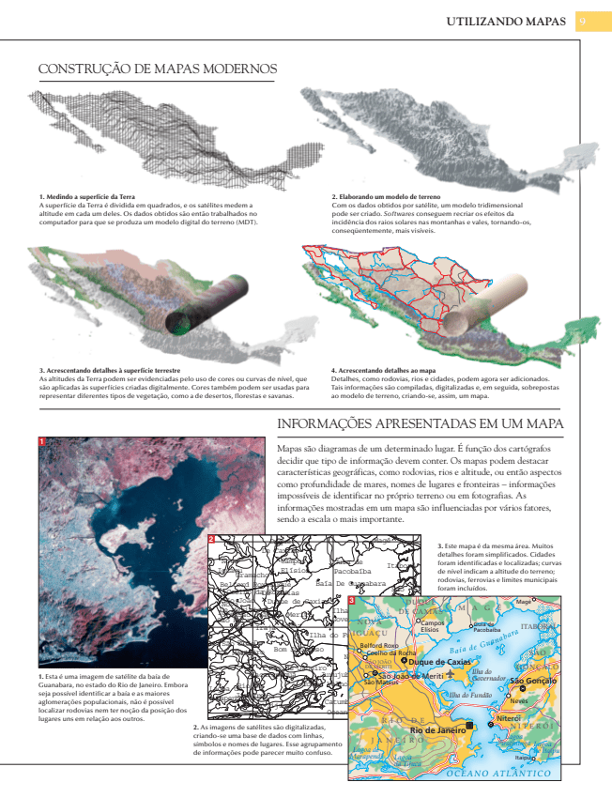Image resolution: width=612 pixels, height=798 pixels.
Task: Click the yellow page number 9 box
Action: [x=583, y=21]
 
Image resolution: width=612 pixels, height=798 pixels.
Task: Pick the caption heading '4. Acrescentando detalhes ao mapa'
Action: [x=385, y=370]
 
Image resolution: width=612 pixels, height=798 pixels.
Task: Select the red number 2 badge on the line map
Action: [x=212, y=539]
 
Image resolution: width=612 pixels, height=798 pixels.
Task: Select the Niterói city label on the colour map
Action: [x=509, y=718]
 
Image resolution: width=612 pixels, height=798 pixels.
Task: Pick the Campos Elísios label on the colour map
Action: [x=432, y=625]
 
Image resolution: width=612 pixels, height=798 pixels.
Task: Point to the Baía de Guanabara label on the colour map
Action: [x=484, y=645]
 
